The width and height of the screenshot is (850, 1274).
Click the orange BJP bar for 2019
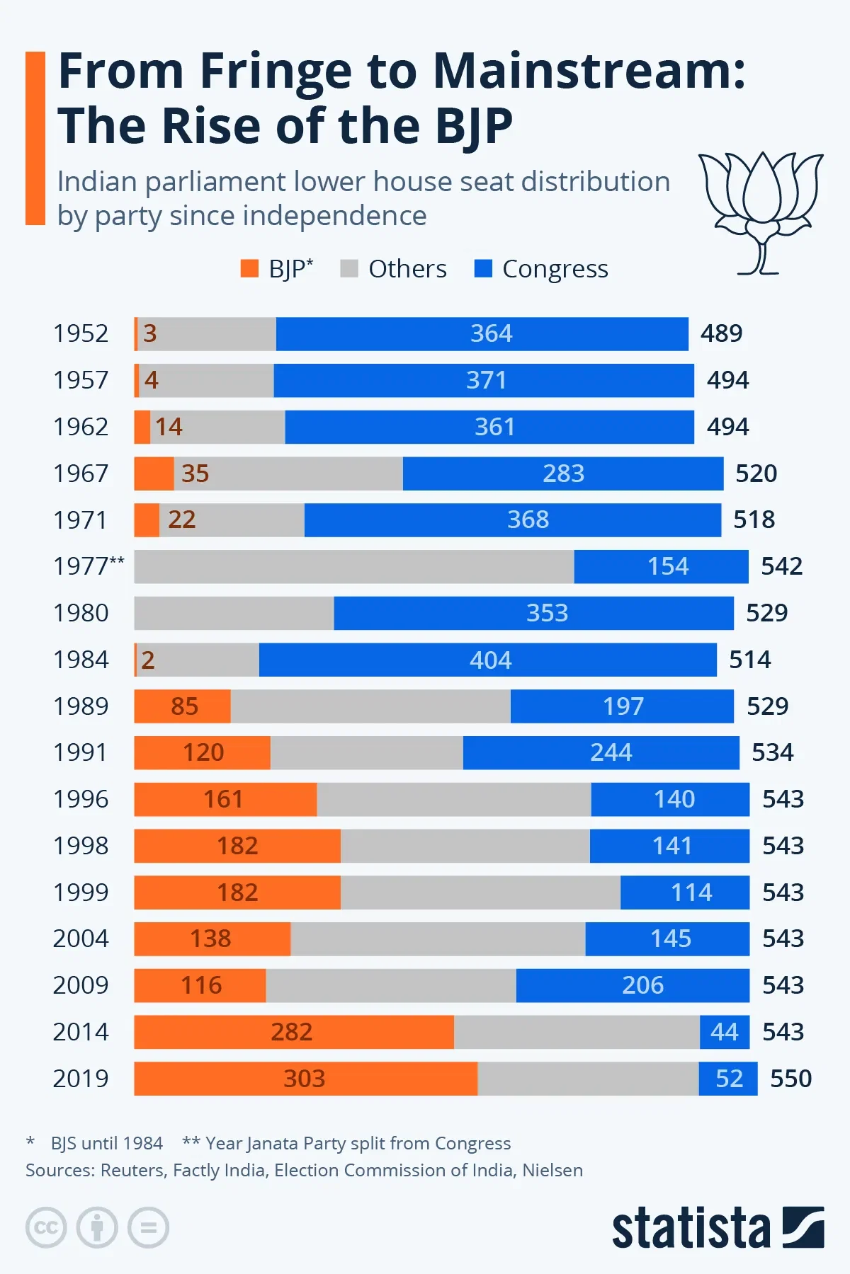pyautogui.click(x=305, y=1078)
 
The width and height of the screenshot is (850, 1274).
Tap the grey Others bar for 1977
pyautogui.click(x=354, y=566)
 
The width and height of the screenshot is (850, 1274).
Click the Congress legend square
pyautogui.click(x=483, y=269)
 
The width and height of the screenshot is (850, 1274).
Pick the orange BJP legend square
pyautogui.click(x=249, y=269)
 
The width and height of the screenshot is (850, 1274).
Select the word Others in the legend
pyautogui.click(x=407, y=269)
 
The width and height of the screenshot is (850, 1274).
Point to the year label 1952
pyautogui.click(x=81, y=333)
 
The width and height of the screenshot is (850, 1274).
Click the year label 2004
pyautogui.click(x=81, y=939)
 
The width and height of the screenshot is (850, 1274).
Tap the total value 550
pyautogui.click(x=790, y=1078)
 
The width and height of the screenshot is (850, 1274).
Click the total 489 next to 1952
pyautogui.click(x=721, y=333)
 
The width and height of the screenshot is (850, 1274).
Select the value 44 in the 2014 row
pyautogui.click(x=724, y=1032)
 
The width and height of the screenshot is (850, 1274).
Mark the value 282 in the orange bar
pyautogui.click(x=291, y=1032)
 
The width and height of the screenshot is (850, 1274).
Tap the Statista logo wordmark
pyautogui.click(x=691, y=1228)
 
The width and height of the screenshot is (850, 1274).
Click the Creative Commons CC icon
pyautogui.click(x=46, y=1227)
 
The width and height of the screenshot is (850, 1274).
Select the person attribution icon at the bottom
pyautogui.click(x=97, y=1227)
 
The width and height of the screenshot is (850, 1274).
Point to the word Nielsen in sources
pyautogui.click(x=552, y=1170)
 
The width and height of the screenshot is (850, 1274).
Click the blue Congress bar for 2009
pyautogui.click(x=632, y=985)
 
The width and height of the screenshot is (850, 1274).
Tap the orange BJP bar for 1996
pyautogui.click(x=225, y=799)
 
